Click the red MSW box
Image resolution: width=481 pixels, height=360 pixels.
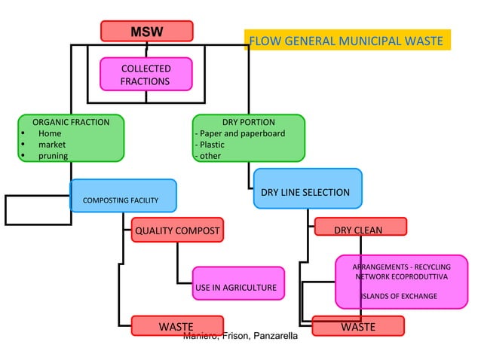147,32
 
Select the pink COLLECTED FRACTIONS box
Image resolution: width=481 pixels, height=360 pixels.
146,75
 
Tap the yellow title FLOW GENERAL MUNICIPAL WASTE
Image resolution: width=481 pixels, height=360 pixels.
346,40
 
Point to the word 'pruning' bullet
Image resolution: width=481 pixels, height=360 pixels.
53,156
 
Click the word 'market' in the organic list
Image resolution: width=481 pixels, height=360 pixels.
52,145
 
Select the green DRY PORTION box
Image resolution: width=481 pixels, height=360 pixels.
248,138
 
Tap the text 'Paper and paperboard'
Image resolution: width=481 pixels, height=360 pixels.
242,133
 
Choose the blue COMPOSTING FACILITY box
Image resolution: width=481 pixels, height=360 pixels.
123,196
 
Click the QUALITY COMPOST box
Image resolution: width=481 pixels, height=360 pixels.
177,230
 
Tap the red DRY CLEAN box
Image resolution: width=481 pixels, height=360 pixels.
360,227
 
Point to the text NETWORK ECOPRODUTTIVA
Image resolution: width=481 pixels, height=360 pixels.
401,277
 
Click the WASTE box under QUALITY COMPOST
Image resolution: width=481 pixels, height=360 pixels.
177,326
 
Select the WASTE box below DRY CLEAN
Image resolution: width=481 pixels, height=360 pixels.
358,326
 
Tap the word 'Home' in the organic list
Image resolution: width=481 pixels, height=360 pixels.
50,133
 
